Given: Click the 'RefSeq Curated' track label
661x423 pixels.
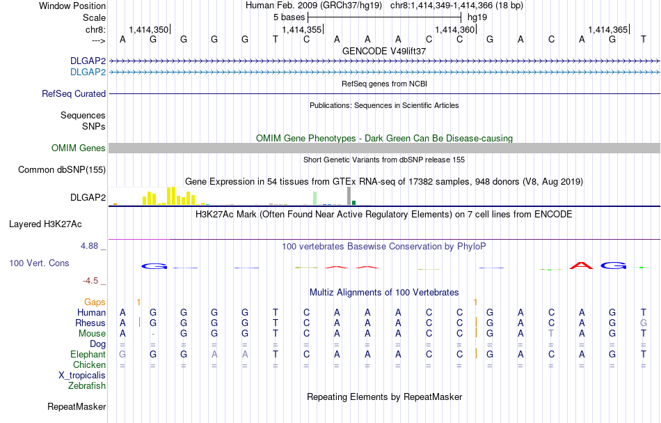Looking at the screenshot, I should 74,93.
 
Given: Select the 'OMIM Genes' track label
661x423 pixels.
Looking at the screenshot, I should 78,148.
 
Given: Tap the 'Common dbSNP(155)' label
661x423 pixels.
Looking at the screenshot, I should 62,169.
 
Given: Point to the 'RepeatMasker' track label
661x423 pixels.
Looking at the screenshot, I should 77,406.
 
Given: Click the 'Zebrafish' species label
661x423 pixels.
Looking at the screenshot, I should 87,385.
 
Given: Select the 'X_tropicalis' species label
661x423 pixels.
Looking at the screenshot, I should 82,375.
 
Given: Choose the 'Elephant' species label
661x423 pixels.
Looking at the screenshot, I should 87,354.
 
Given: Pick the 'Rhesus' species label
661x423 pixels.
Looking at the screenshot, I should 90,323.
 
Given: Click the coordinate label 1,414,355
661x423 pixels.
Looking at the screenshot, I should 301,29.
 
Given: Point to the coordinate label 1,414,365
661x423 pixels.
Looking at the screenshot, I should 607,29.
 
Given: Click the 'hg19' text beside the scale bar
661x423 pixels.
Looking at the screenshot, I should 477,16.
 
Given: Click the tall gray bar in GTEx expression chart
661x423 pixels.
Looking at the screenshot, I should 348,196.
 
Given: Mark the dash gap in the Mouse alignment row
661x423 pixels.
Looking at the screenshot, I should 153,334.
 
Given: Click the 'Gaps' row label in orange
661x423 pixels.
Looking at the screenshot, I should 95,302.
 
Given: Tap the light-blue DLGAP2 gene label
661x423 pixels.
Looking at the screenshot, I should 88,72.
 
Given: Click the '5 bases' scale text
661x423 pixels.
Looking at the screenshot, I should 288,16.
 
